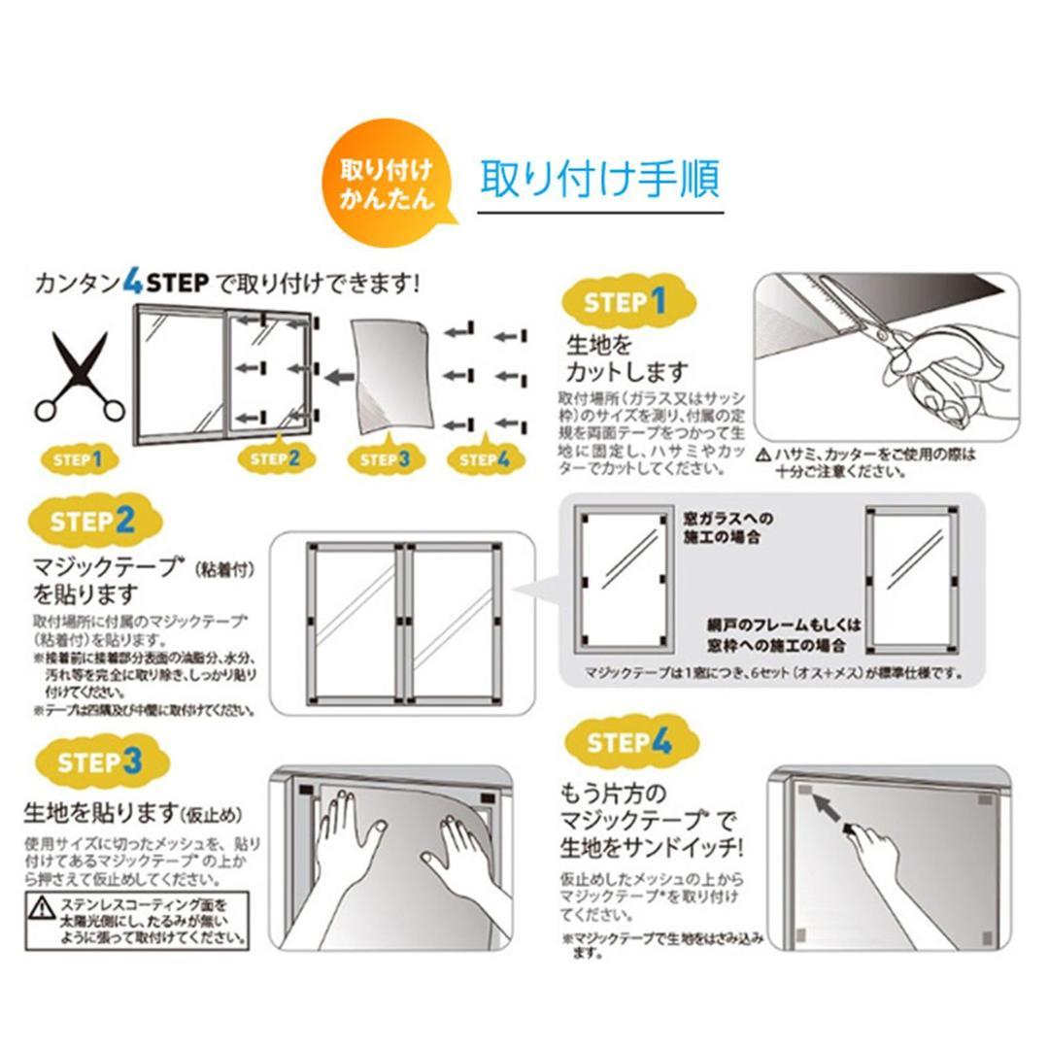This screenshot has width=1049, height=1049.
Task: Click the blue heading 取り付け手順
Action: pos(599,180)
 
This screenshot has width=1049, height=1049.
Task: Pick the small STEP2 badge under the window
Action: pos(275,457)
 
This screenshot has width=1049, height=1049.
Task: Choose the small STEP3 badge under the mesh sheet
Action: pos(386,458)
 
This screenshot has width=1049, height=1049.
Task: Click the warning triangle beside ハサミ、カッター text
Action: pos(763,454)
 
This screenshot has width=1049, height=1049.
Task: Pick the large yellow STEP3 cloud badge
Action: pos(100,761)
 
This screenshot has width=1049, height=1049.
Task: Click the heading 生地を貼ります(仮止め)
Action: pos(132,812)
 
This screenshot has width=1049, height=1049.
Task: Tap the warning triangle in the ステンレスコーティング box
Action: pos(42,908)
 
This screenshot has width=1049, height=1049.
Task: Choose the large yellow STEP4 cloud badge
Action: pos(629,743)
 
